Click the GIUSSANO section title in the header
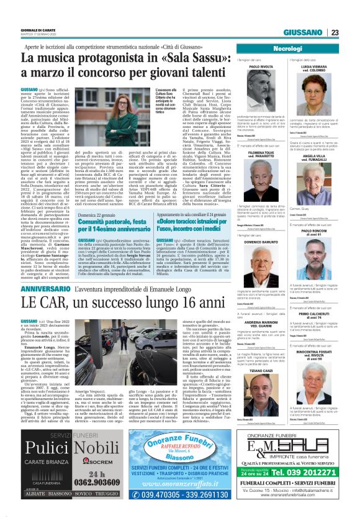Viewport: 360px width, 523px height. [304, 33]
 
